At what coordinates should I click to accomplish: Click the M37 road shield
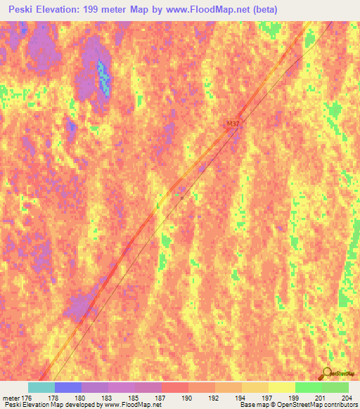233,124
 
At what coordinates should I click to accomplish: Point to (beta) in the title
264,10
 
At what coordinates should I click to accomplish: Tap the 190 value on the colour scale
188,398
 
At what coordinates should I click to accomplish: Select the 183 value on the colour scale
108,398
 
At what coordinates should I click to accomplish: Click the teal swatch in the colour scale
41,387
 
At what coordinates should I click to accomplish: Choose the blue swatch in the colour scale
68,387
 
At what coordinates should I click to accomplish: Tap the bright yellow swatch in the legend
281,387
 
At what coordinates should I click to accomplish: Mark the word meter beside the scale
11,398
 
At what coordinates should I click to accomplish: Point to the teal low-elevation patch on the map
104,76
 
